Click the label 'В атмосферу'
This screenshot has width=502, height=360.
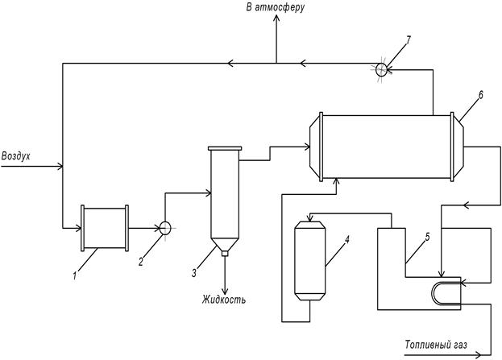pyautogui.click(x=275, y=8)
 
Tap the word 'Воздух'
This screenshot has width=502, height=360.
pyautogui.click(x=16, y=155)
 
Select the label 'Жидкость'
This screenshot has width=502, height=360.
pyautogui.click(x=224, y=300)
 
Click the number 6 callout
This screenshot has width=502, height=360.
pyautogui.click(x=480, y=95)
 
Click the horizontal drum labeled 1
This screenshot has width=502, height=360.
pyautogui.click(x=106, y=228)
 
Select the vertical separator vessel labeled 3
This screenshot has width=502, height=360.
pyautogui.click(x=225, y=197)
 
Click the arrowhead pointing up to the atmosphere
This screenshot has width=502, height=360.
pyautogui.click(x=276, y=22)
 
